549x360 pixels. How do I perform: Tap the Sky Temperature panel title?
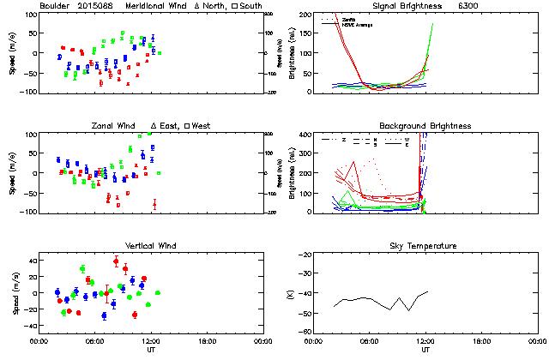tap(425, 246)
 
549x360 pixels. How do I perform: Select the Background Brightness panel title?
tap(425, 126)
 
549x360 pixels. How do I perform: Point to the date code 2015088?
tap(96, 6)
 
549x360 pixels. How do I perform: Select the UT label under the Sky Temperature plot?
tap(425, 351)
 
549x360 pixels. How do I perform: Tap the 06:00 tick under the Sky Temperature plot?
tap(370, 342)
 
